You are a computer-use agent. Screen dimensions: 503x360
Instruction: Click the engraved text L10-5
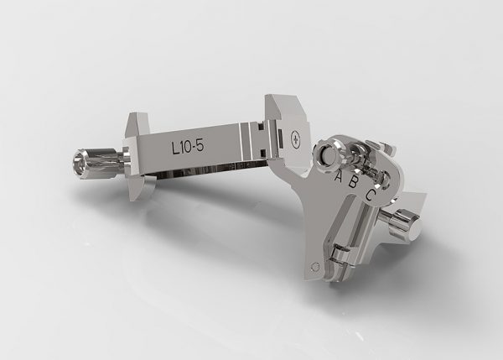188,147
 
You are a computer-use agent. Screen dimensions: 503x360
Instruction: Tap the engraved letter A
339,175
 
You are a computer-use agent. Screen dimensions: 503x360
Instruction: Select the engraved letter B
353,183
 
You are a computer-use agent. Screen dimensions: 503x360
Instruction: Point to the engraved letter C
371,195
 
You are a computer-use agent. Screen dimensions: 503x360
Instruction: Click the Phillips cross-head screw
295,139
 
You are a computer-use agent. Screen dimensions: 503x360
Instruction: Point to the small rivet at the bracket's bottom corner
315,266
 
